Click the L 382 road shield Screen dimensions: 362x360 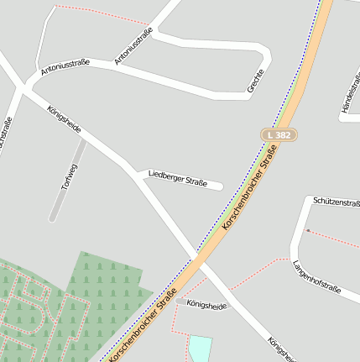(x=279, y=134)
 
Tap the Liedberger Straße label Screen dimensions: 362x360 (x=177, y=177)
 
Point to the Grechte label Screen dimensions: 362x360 (x=255, y=79)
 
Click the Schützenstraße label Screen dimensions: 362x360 (x=336, y=202)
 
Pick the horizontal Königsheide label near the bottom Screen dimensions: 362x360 (x=206, y=305)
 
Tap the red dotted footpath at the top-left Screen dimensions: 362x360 (x=101, y=15)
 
